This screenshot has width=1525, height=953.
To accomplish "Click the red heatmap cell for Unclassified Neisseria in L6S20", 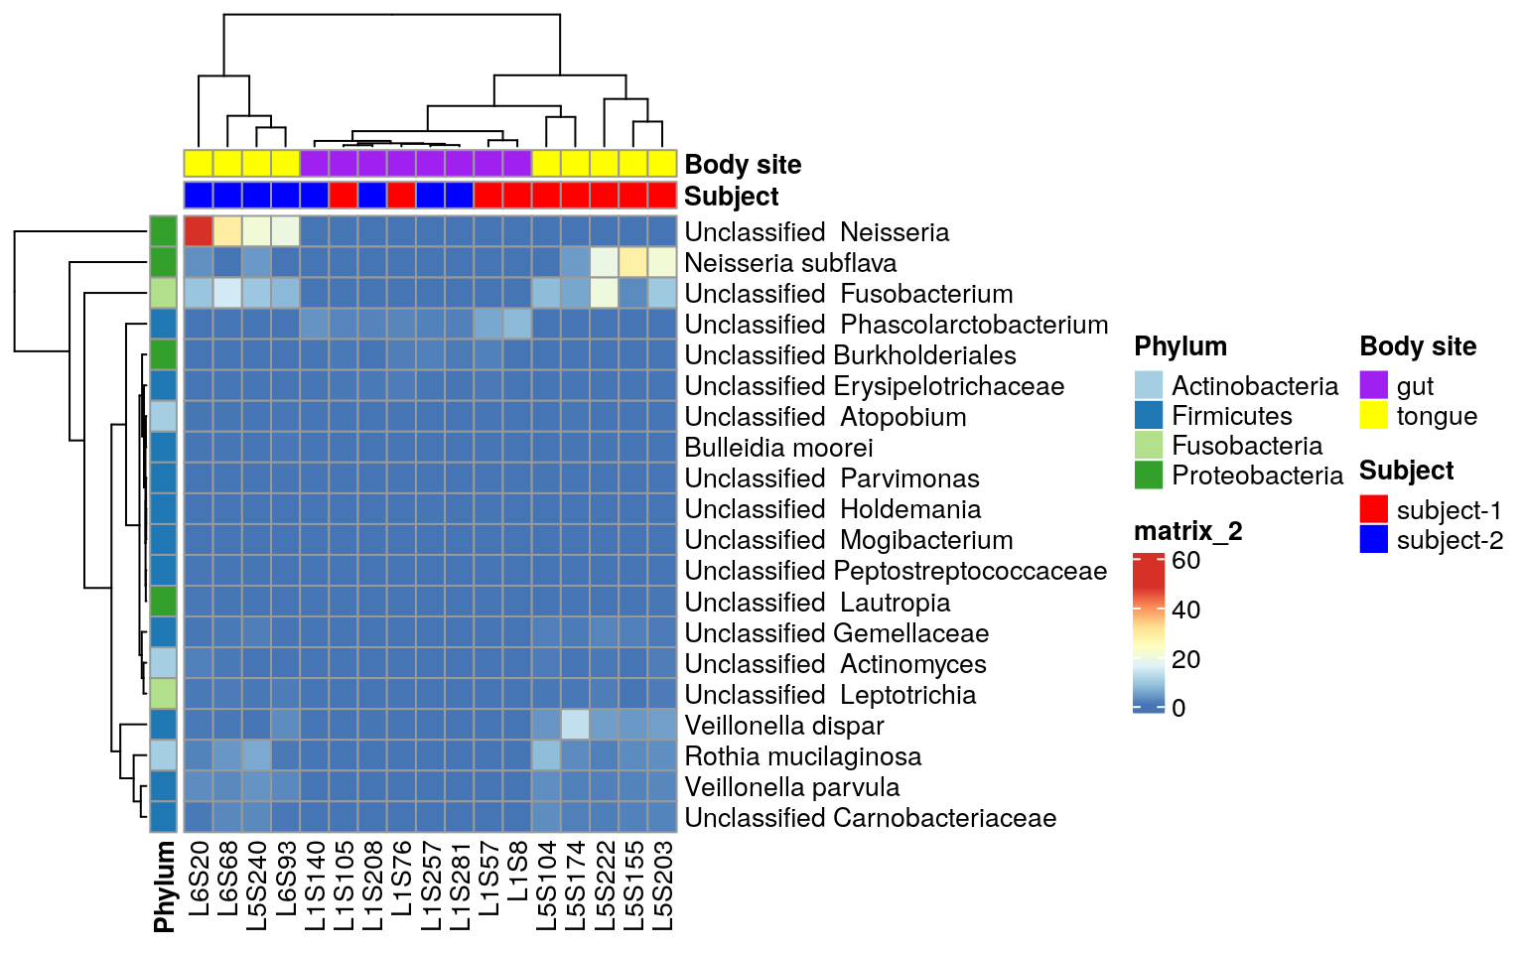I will pos(199,231).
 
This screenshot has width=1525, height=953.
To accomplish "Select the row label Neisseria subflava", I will pos(790,263).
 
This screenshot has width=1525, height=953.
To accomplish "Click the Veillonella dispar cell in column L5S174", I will pos(576,725).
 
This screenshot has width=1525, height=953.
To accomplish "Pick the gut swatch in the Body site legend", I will pos(1373,385).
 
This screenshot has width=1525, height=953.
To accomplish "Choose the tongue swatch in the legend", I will pos(1373,415).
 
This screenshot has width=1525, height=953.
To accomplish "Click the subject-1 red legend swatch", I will pos(1373,509).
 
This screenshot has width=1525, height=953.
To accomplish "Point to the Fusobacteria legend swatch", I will pos(1148,445).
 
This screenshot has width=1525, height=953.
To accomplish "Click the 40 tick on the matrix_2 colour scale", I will pos(1185,610).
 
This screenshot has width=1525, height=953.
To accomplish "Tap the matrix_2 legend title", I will pos(1187,532).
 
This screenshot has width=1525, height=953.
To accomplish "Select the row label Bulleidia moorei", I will pos(778,448).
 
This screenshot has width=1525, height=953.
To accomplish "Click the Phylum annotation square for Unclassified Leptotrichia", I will pos(164,694).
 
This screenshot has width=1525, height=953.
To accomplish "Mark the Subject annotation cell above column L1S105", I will pos(344,195).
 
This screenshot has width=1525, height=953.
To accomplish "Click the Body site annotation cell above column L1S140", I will pos(315,163).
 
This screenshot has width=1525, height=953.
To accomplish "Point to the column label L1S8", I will pos(517,872).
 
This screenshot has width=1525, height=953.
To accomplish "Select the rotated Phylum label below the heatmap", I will pos(164,886).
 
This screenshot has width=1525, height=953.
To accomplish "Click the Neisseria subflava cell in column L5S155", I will pos(633,262).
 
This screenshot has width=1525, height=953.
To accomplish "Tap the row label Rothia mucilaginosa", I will pos(802,756).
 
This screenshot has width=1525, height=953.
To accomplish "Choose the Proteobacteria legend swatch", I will pos(1148,475).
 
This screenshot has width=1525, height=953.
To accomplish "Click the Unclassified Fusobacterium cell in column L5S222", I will pos(605,293).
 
